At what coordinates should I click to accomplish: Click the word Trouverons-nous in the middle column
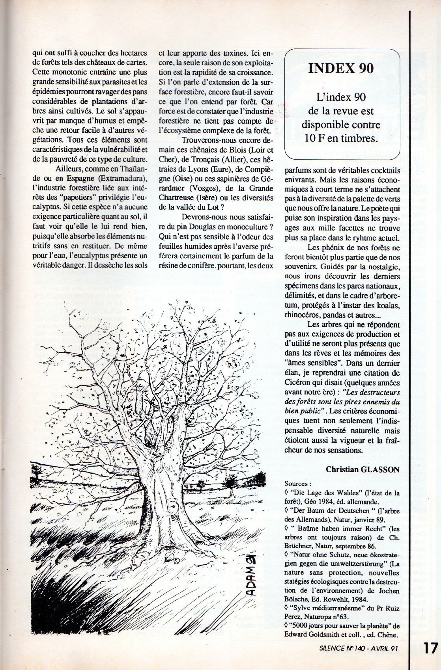coord(206,141)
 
